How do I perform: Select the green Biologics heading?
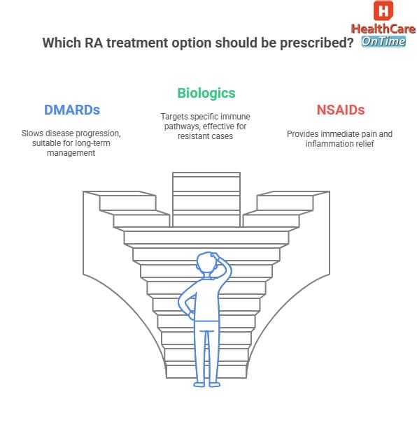[x=206, y=93]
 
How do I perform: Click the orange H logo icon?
[x=383, y=11]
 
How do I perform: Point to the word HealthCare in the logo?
[x=383, y=29]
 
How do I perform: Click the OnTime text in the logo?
[x=383, y=41]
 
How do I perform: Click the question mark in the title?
[x=348, y=43]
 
